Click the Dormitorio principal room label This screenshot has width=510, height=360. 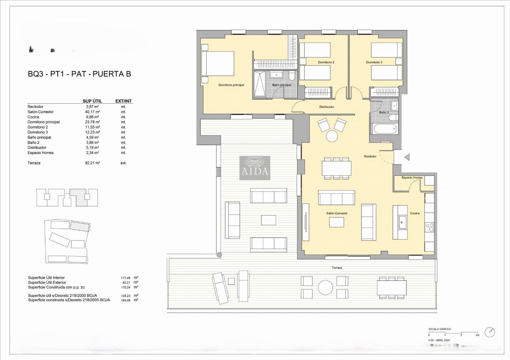231,85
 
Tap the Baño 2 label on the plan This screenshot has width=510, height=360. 384,112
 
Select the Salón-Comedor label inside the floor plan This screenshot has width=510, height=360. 337,213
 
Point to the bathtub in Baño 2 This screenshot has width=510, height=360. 385,129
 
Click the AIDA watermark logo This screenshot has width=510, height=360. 255,168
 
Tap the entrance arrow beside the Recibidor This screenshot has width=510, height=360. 406,157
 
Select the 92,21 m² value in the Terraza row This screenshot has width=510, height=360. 93,163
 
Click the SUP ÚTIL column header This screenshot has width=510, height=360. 92,101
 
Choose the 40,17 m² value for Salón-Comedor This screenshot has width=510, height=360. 93,112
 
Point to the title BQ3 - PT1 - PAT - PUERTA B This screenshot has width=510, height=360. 79,74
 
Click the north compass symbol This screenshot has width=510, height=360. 490,332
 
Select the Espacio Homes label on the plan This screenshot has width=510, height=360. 412,178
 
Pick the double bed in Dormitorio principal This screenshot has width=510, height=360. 218,64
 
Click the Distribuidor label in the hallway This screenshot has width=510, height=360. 327,107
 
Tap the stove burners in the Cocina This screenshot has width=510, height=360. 429,227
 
